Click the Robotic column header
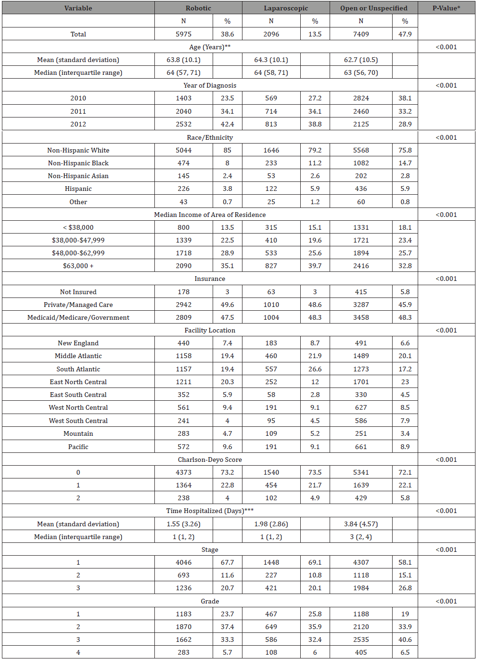[198, 8]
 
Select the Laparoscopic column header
[286, 8]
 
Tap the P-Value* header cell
[446, 8]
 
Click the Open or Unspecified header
[374, 8]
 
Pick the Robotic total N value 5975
[183, 34]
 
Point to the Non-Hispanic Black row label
[78, 163]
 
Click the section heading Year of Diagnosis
[210, 85]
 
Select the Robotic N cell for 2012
[183, 124]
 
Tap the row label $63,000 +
[78, 266]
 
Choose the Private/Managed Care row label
[78, 305]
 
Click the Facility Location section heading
[210, 330]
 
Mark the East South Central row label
[78, 395]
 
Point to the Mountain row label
[78, 433]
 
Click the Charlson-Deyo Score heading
[210, 460]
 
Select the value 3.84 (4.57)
[361, 524]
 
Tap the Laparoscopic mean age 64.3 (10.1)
[271, 60]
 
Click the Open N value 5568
[361, 150]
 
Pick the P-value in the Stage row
[446, 550]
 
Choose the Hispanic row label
[78, 189]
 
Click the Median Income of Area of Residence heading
[210, 215]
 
